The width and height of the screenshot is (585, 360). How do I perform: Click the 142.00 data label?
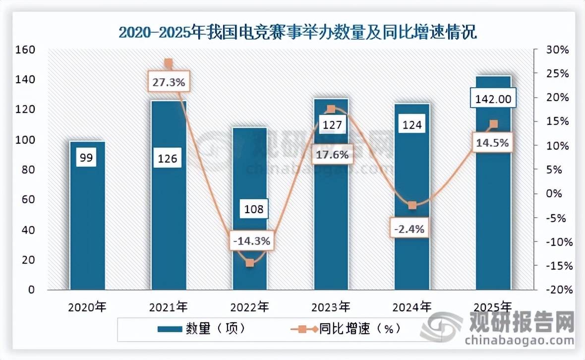pos(493,99)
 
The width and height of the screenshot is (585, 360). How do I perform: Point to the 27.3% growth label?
pos(169,82)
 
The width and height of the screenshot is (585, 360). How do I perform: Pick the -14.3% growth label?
pos(250,241)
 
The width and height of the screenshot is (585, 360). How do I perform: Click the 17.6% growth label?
pos(333,154)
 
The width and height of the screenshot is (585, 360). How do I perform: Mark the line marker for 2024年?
pos(412,205)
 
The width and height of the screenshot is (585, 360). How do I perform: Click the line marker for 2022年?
pos(250,263)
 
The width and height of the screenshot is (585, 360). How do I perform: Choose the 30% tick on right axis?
pos(558,50)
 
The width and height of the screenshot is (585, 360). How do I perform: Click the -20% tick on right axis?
pos(557,290)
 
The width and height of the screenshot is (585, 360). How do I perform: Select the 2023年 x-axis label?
pos(331,308)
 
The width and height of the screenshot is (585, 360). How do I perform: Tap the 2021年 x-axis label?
pos(169,308)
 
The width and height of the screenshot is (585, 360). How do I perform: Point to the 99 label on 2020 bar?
pos(87,159)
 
